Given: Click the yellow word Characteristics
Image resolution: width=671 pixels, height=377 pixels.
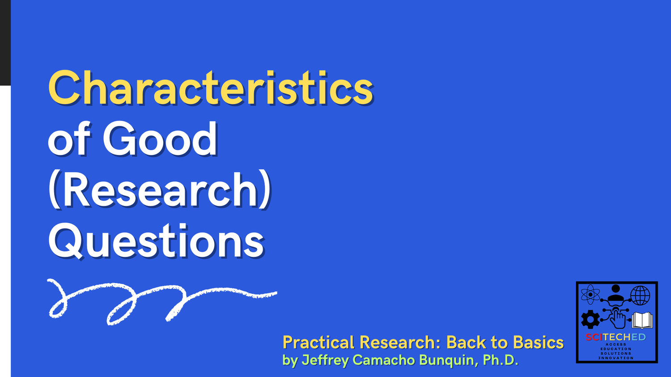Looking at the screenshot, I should click(210, 88).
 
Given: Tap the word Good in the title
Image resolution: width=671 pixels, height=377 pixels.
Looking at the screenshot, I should click(160, 139).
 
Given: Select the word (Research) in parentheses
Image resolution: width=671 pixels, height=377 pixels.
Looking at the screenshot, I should click(160, 190).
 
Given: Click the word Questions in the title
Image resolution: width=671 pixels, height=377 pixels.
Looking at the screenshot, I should click(156, 242).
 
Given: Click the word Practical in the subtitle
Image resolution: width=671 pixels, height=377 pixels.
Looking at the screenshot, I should click(319, 343).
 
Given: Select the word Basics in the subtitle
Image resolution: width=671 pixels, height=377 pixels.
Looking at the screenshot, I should click(538, 343).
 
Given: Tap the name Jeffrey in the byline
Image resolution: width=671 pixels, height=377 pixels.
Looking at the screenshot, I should click(325, 360).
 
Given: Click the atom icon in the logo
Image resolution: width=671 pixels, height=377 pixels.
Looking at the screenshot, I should click(590, 295).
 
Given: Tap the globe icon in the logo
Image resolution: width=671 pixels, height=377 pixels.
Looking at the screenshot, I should click(640, 295).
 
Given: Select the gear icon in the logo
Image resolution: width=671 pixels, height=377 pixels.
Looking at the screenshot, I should click(590, 319).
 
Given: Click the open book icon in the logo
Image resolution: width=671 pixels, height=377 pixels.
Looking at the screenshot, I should click(642, 320).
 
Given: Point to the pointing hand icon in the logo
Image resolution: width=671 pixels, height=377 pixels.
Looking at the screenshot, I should click(618, 318).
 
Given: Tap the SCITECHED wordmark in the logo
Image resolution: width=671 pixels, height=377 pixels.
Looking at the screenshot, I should click(616, 337).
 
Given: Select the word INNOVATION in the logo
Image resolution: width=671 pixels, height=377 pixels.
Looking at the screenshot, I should click(616, 358).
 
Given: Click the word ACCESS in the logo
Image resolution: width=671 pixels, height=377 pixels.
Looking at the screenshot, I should click(616, 344).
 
